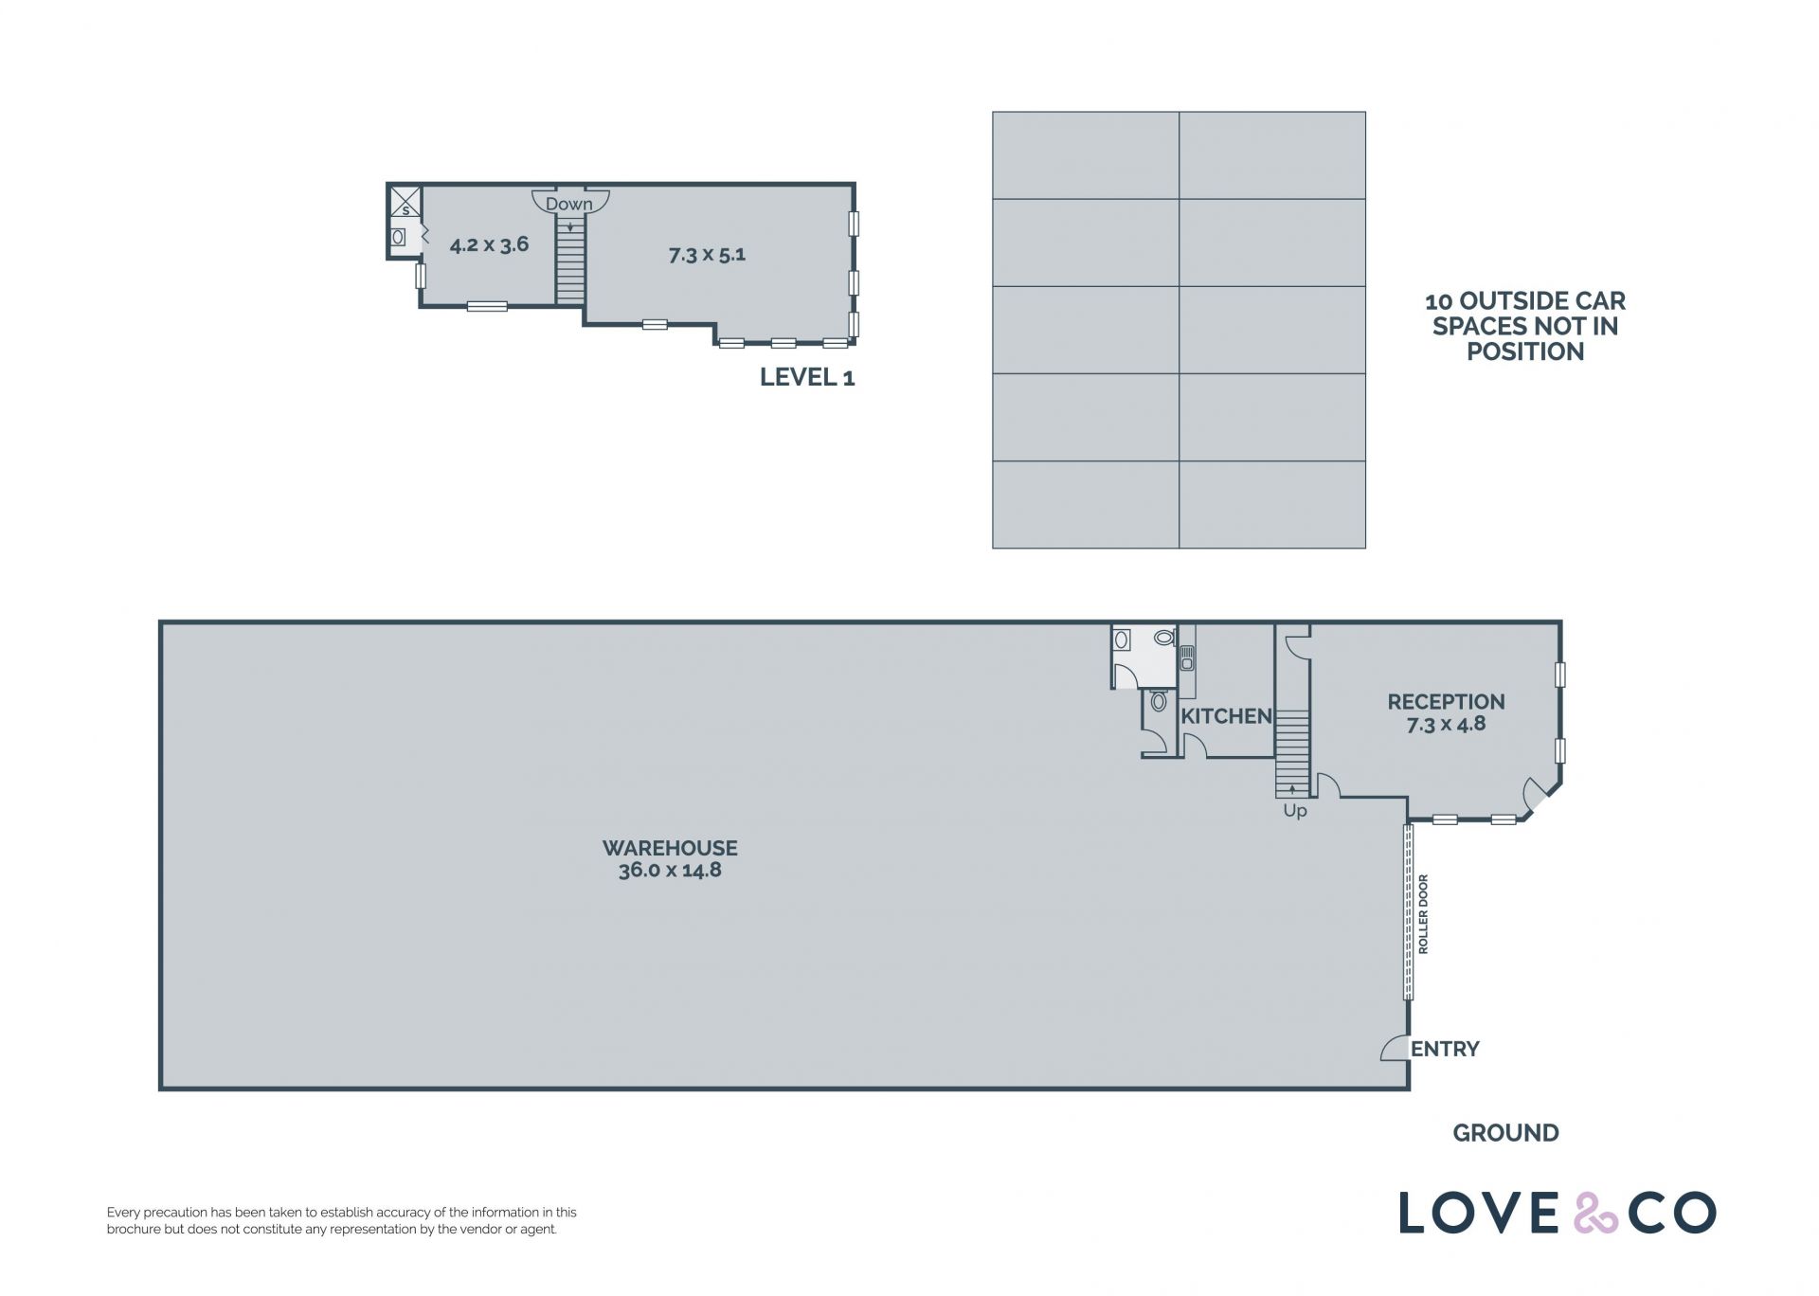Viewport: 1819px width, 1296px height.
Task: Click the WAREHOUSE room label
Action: click(670, 848)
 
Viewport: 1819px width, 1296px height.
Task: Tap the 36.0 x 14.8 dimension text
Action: click(670, 870)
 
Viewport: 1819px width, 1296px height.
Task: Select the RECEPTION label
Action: click(1446, 702)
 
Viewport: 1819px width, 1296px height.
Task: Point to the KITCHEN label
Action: click(1226, 716)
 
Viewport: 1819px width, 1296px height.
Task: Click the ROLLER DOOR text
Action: click(1423, 914)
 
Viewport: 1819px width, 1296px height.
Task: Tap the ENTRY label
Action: click(1445, 1049)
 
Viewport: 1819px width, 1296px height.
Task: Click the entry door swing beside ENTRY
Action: click(1395, 1048)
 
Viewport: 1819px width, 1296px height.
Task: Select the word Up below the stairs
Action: click(1295, 811)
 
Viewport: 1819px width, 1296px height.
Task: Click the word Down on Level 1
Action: click(568, 204)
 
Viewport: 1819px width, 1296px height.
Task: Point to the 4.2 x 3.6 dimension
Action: click(489, 244)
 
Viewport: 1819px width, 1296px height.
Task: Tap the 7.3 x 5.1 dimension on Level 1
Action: click(707, 255)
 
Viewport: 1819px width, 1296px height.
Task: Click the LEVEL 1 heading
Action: click(807, 377)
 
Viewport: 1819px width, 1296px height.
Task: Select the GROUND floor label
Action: click(1505, 1133)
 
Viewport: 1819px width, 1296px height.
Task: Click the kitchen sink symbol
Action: click(1187, 657)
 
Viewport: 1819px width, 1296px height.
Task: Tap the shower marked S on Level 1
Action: click(405, 202)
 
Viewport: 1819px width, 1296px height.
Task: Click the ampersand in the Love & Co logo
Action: click(1596, 1214)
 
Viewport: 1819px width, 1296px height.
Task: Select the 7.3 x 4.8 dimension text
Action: click(1446, 724)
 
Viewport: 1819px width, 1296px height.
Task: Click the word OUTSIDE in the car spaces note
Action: click(1512, 301)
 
